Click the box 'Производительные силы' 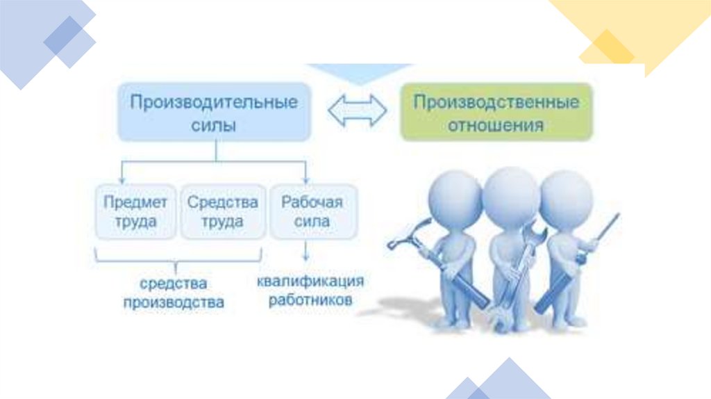[x=215, y=112]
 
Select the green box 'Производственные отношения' [x=496, y=113]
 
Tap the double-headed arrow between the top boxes [x=358, y=111]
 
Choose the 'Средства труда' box [x=223, y=211]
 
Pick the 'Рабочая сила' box [x=312, y=211]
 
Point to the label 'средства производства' [x=174, y=293]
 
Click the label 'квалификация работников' [x=310, y=291]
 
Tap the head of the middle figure [x=511, y=188]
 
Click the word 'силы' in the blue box [x=215, y=125]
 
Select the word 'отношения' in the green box [x=496, y=126]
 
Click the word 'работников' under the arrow [x=310, y=300]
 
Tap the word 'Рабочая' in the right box [x=312, y=202]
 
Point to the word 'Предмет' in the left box [x=135, y=202]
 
